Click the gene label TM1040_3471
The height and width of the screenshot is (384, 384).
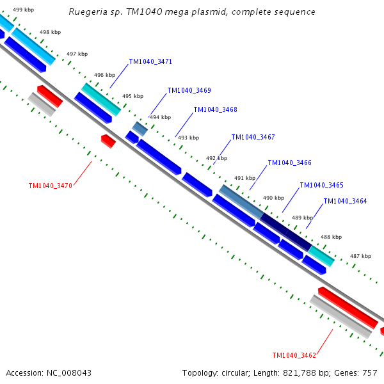[150, 62]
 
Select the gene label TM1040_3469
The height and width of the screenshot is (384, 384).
[189, 91]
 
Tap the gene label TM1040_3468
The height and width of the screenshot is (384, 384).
[215, 109]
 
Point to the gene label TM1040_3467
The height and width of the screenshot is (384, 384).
[253, 138]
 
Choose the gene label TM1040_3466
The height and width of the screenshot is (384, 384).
[289, 163]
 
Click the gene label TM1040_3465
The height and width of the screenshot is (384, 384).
[321, 186]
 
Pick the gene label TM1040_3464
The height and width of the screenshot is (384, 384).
[345, 201]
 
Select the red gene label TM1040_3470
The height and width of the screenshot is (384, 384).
[50, 186]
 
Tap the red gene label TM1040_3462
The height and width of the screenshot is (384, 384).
[294, 356]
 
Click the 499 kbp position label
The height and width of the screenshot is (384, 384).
[24, 10]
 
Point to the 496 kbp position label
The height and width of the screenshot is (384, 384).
[104, 75]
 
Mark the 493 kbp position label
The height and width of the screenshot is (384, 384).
[188, 138]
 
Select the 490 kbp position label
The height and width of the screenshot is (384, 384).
[273, 198]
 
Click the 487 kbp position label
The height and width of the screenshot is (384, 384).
[360, 256]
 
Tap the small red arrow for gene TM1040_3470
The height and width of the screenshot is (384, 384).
[108, 141]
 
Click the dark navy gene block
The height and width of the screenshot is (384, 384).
[285, 231]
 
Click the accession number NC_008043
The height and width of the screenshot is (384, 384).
[67, 372]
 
